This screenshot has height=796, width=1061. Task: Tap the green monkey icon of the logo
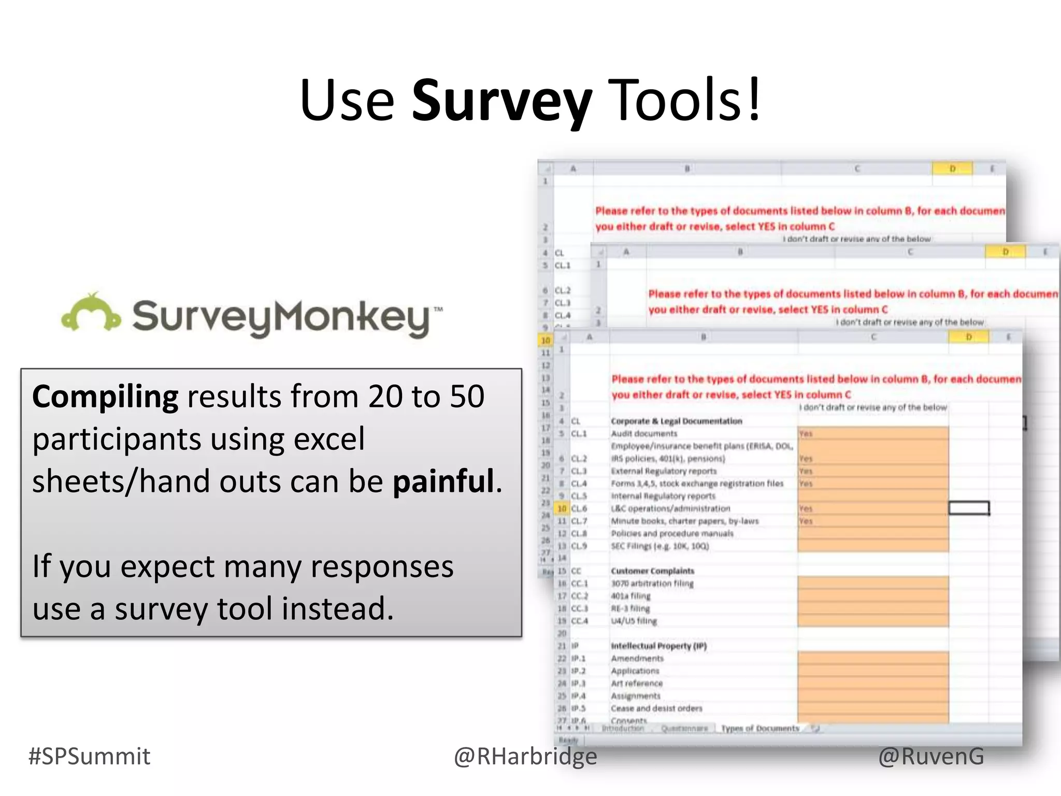coord(91,312)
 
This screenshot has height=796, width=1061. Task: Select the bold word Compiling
coord(105,397)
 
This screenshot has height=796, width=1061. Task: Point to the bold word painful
coord(443,481)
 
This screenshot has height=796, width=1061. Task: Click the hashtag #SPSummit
coord(89,756)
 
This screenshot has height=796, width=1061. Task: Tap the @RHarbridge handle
coord(525,756)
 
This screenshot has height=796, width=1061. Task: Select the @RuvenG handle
coord(931,756)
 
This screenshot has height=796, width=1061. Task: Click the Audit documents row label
coord(644,434)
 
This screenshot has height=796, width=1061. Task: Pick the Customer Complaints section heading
coord(652,571)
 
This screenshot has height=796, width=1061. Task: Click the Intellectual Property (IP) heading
coord(658,646)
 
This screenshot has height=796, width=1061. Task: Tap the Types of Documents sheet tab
coord(760,729)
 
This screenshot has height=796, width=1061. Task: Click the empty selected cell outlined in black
coord(969,508)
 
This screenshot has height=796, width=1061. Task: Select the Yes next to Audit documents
coord(806,434)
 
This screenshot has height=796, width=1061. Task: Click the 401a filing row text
coord(630,596)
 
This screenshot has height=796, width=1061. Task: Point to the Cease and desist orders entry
coord(656,708)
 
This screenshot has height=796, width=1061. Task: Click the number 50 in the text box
coord(467,397)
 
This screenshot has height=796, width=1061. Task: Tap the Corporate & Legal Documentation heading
coord(676,421)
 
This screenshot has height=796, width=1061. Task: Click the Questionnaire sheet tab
coord(684,729)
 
